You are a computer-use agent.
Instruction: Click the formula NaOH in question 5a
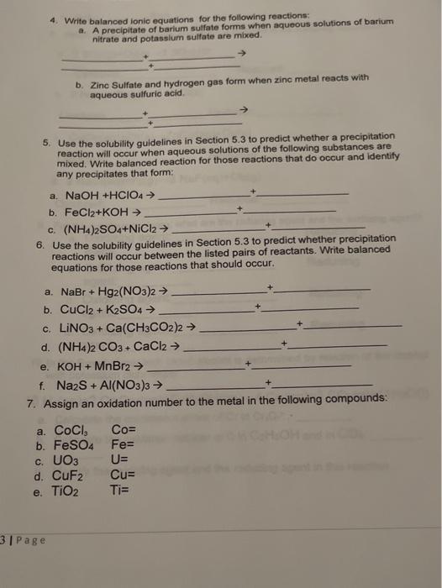(82, 195)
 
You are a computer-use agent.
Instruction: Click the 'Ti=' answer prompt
(119, 491)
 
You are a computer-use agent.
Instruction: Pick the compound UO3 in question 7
(66, 461)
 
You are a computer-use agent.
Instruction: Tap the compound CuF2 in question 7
(69, 476)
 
